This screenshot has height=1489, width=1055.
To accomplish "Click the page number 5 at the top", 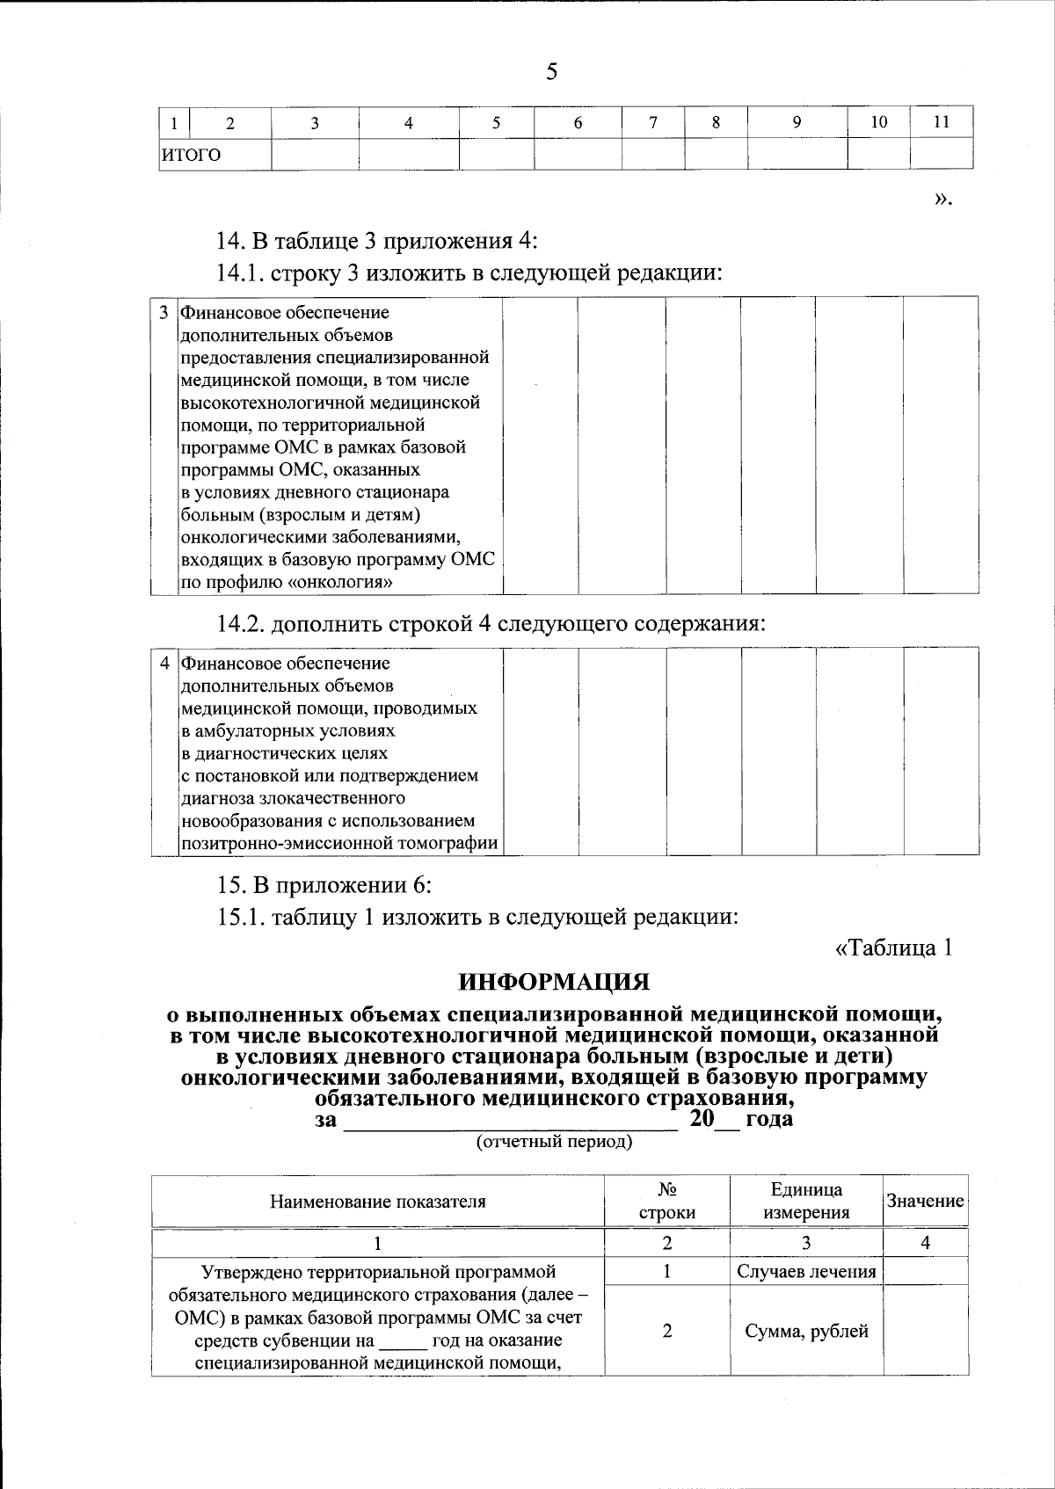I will click(551, 71).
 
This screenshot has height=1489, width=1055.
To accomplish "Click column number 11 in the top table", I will click(941, 122).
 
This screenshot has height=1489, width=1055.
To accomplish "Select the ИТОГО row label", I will click(190, 155).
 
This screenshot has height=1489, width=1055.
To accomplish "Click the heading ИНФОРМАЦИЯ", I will click(555, 981).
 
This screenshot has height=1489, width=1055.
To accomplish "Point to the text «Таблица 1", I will click(893, 948).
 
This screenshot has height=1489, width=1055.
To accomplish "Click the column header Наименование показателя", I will click(377, 1202).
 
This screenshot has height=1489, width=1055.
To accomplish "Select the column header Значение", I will click(925, 1201).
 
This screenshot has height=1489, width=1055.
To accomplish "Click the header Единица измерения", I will click(806, 1201).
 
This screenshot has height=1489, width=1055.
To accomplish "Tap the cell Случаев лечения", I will click(806, 1271).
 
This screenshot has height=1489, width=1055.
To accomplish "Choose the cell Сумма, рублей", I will click(806, 1331).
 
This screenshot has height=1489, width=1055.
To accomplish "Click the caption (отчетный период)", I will click(554, 1142).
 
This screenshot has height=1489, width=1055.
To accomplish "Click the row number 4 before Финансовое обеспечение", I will click(164, 663).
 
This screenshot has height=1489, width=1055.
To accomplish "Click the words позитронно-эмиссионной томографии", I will click(339, 844).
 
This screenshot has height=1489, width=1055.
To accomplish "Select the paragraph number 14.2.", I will click(241, 624).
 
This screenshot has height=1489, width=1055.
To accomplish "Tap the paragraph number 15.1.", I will click(241, 917).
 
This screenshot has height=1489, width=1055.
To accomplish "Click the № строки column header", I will click(666, 1201).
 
